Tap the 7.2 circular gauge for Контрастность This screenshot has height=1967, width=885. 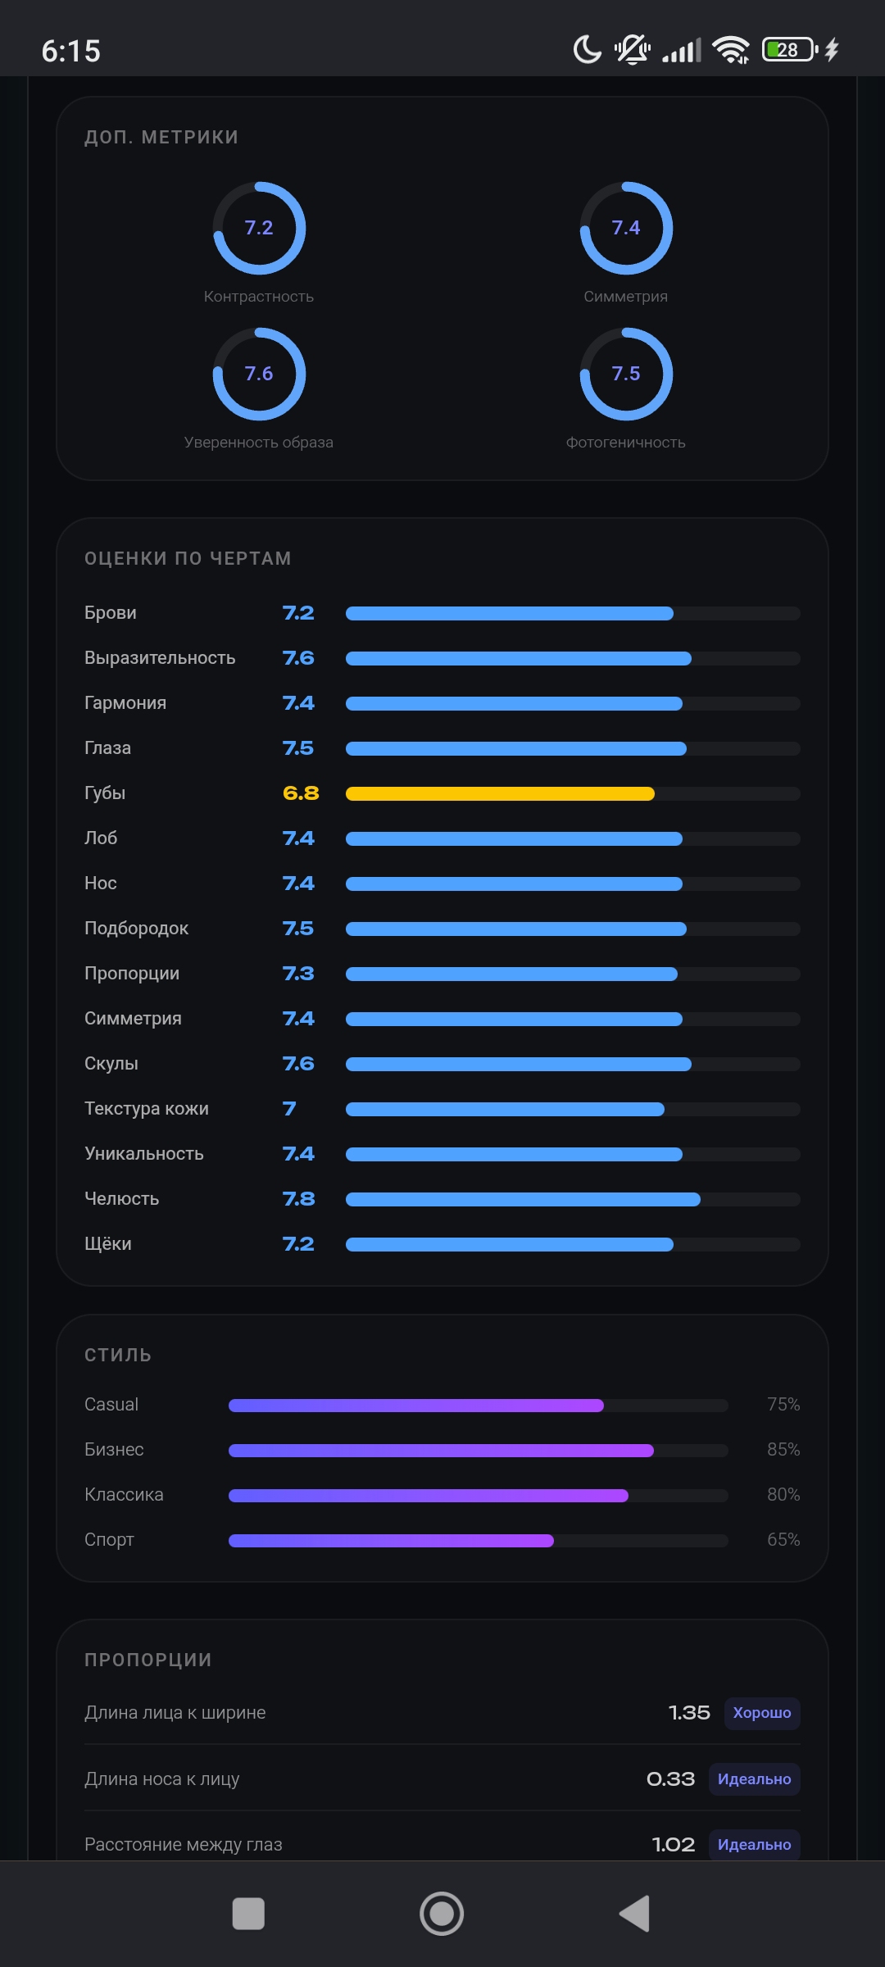click(x=259, y=183)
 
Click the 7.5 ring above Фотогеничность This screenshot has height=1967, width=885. click(x=626, y=329)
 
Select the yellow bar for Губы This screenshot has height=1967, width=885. click(x=500, y=793)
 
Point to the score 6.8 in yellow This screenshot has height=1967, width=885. click(x=301, y=793)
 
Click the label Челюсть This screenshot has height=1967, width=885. click(x=121, y=1199)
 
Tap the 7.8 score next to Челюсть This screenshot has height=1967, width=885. click(x=298, y=1199)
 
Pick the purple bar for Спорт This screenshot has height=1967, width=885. click(x=391, y=1541)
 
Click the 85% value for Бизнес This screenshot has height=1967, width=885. click(x=783, y=1449)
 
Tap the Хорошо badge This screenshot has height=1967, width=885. click(x=762, y=1713)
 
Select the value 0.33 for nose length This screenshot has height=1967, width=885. click(x=670, y=1779)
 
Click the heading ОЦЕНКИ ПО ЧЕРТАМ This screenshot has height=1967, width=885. click(x=188, y=559)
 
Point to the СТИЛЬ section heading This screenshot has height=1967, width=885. click(x=118, y=1356)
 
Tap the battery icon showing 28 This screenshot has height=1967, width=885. click(x=790, y=50)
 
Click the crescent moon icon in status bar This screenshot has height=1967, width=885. click(x=587, y=50)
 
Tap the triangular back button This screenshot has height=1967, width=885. click(x=634, y=1914)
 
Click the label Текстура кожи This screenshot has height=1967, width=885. click(x=147, y=1109)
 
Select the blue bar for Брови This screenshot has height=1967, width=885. click(x=510, y=613)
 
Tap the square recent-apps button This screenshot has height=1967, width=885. click(x=248, y=1914)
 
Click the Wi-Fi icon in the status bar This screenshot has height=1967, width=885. click(x=731, y=50)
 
